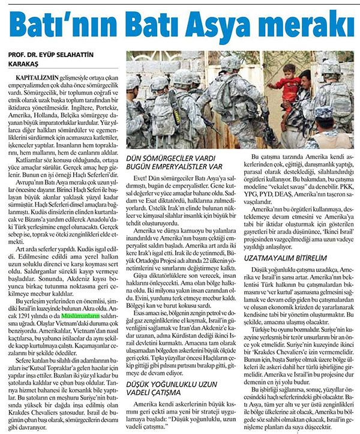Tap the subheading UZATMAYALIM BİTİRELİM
point(281,256)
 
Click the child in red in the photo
point(292,84)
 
